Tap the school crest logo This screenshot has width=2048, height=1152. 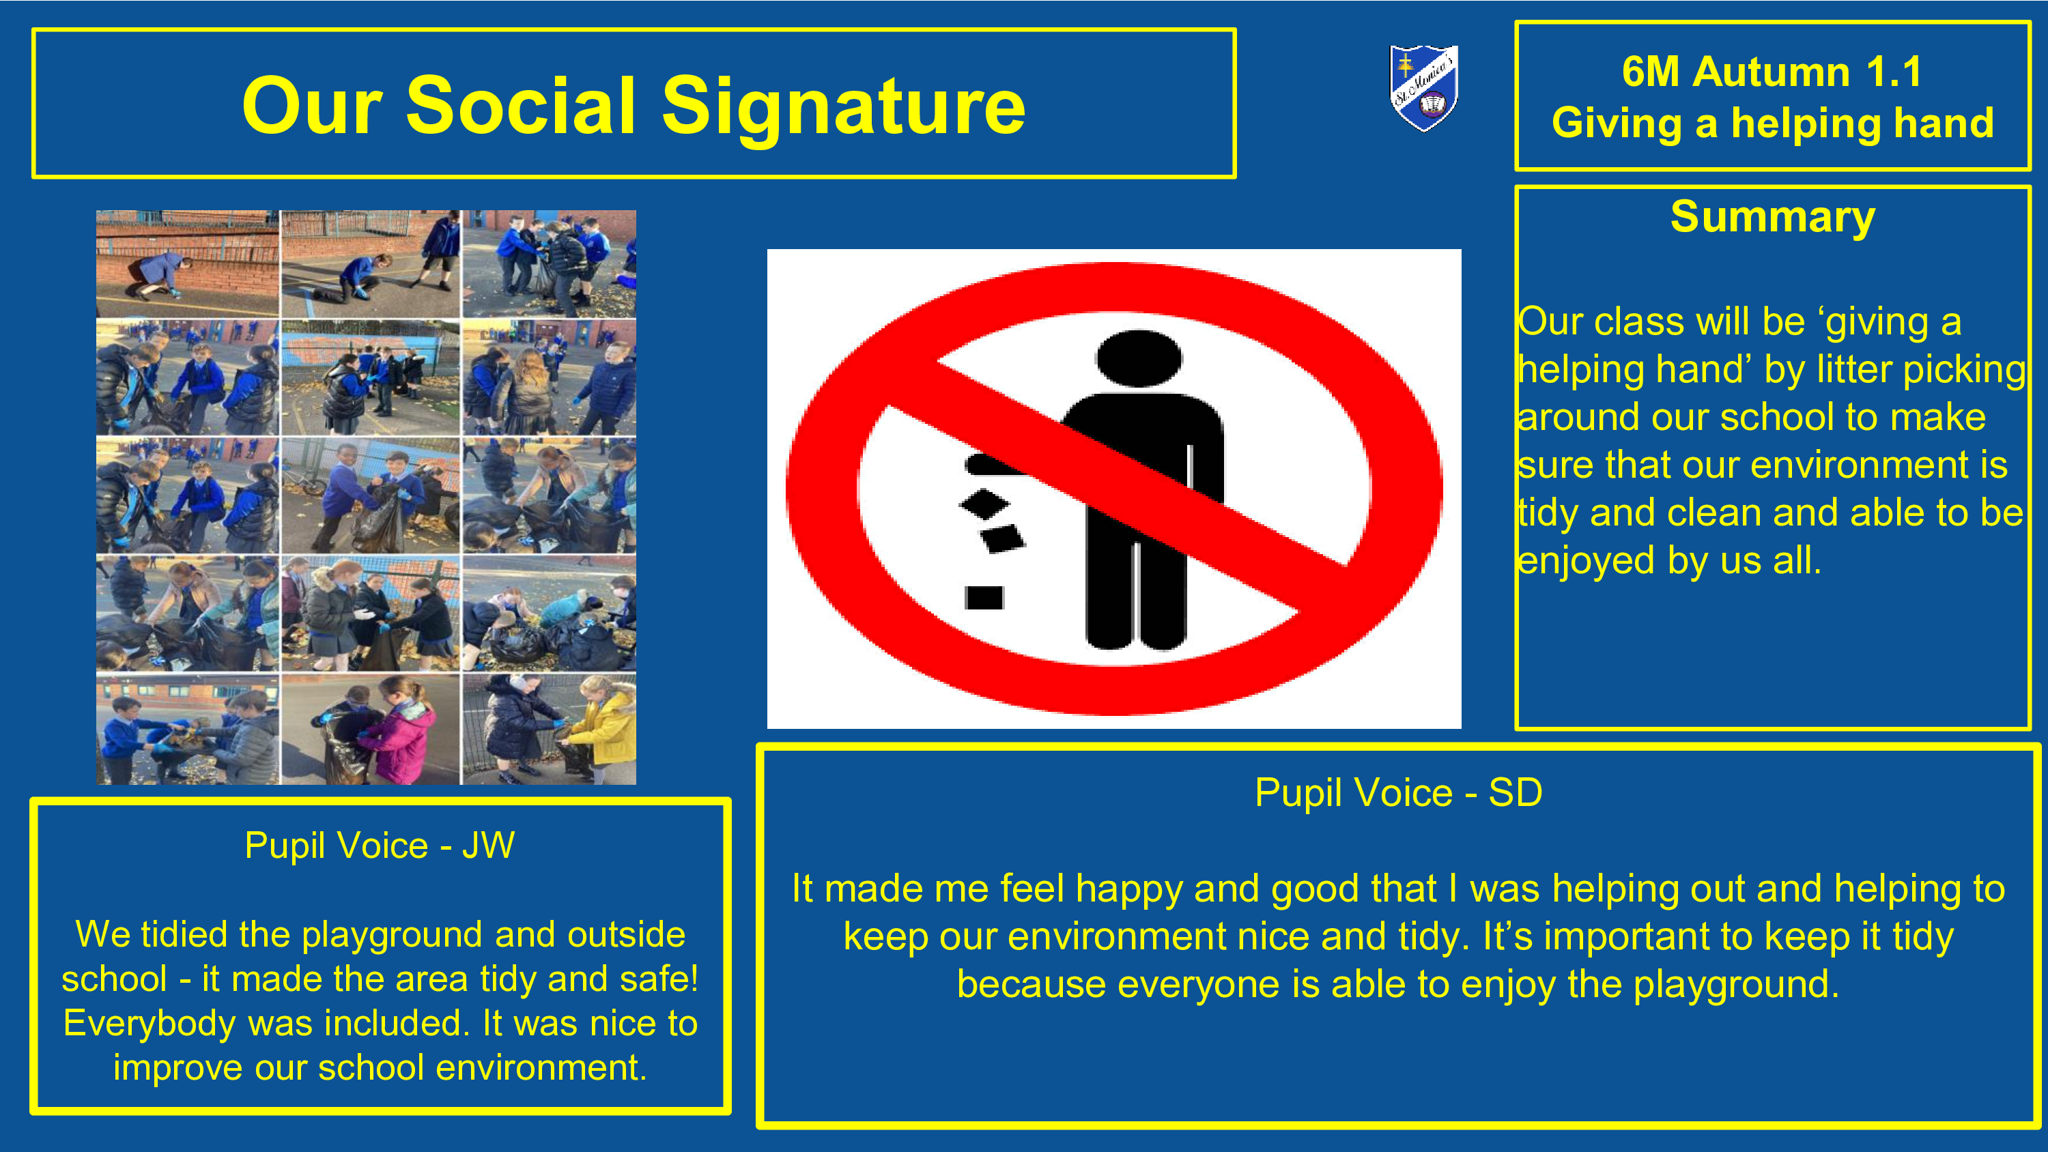[1423, 87]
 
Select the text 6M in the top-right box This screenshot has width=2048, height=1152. [1651, 72]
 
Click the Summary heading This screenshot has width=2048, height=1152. [1772, 218]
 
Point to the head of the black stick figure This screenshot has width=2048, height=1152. [1138, 358]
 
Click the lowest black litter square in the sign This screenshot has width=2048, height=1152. [984, 597]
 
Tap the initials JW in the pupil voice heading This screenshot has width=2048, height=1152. [488, 845]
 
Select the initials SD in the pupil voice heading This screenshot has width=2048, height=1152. [1515, 792]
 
